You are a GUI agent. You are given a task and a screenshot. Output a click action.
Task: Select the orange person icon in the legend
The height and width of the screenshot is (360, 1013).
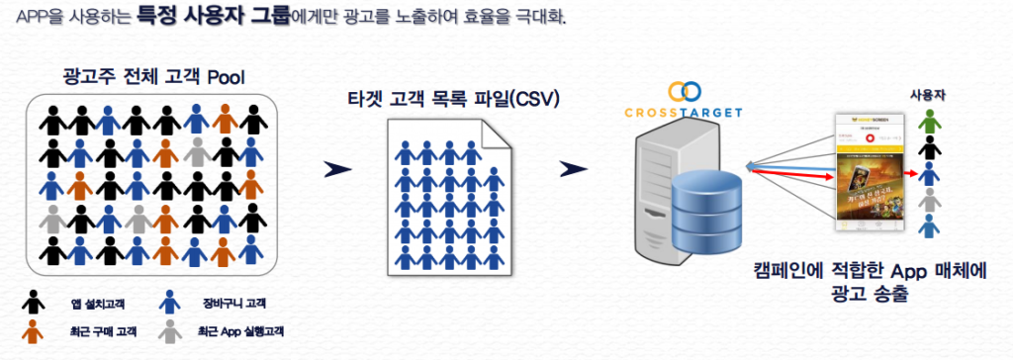[x=35, y=329]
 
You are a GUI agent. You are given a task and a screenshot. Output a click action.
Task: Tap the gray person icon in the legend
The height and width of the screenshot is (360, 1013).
[x=170, y=329]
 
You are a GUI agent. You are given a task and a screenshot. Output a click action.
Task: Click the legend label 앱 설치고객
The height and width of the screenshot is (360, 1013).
[x=92, y=303]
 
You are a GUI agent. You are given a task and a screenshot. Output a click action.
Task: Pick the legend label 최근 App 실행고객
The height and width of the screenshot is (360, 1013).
[x=241, y=330]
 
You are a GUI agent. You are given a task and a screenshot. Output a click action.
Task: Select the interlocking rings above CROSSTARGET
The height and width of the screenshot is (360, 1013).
[x=684, y=92]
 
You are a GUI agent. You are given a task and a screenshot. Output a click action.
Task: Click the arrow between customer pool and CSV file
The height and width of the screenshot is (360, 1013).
[x=338, y=169]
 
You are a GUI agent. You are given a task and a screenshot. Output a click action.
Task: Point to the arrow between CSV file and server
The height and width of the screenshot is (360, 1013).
[x=567, y=169]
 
